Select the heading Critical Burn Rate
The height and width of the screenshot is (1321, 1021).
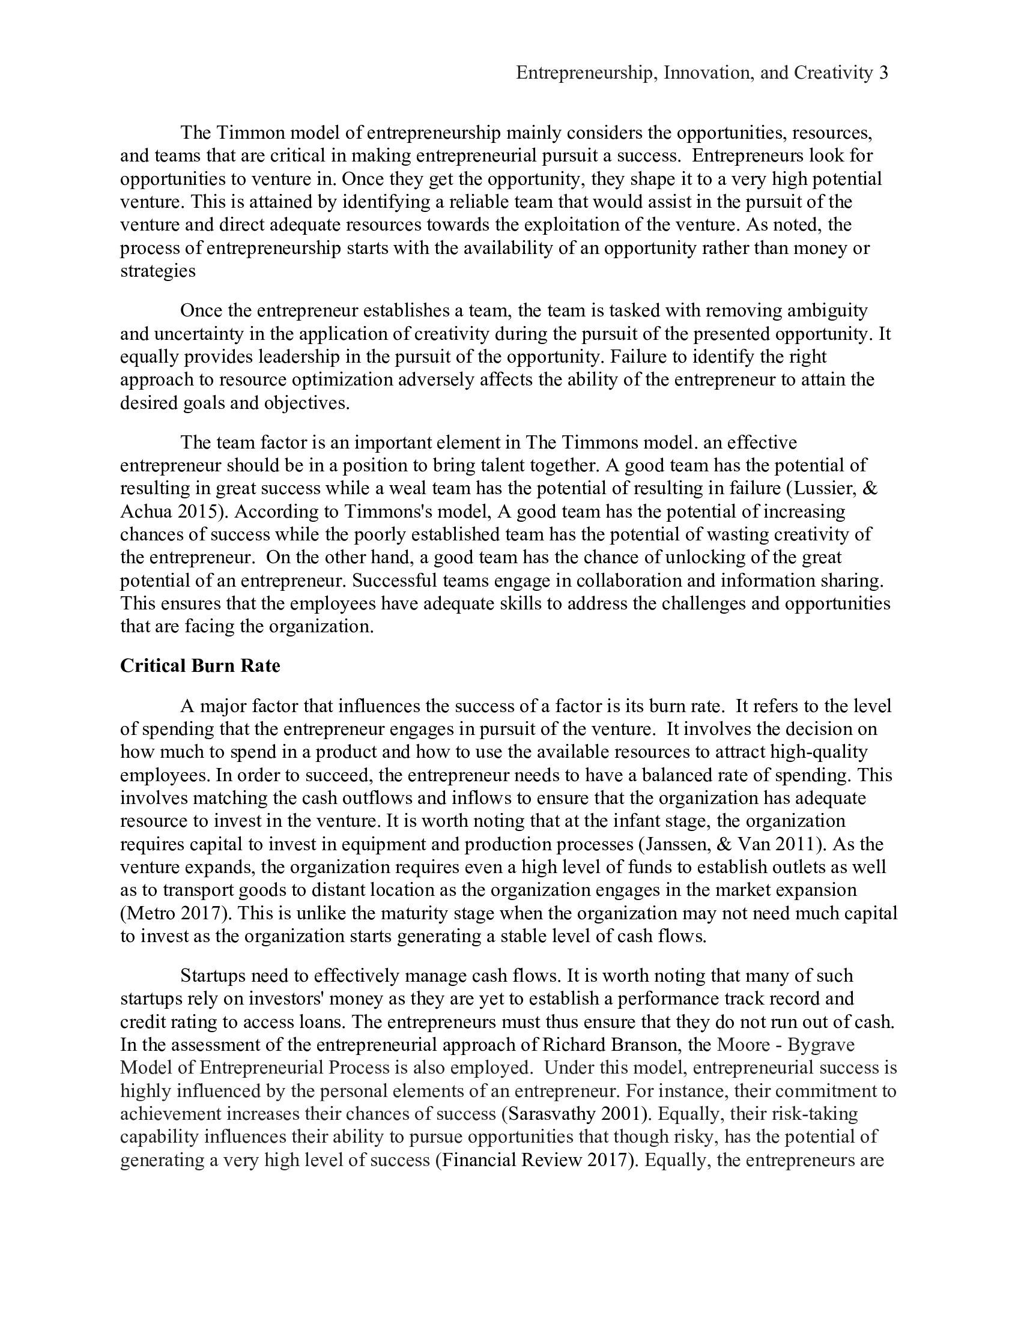coord(200,665)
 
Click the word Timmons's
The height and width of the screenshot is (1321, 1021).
coord(388,512)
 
